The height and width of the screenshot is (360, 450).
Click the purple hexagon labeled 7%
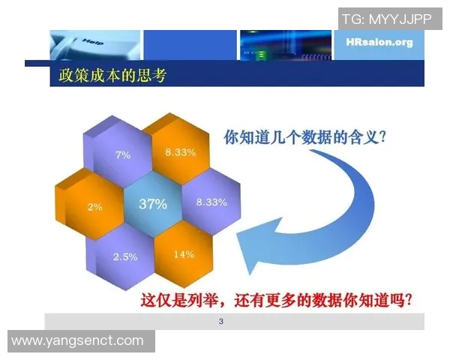tap(122, 154)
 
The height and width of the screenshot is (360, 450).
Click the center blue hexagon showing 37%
tap(152, 204)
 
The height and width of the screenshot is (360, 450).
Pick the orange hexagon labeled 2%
tap(94, 206)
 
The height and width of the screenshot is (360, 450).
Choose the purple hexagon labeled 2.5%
tap(124, 255)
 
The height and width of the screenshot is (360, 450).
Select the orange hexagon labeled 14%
tap(183, 253)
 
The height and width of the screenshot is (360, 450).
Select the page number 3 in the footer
tap(220, 322)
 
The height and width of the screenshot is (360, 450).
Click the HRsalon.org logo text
tap(379, 42)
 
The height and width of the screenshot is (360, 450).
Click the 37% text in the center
tap(152, 204)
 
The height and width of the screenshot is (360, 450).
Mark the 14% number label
tap(183, 253)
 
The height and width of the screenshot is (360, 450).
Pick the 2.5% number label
tap(124, 256)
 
